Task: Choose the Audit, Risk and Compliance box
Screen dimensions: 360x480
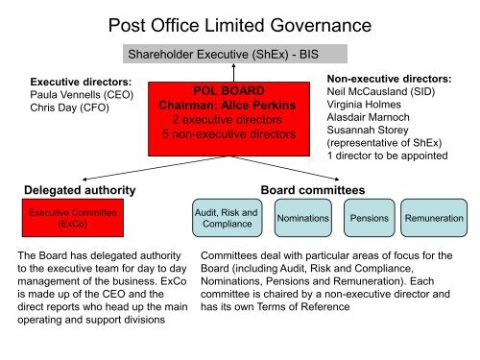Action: tap(226, 219)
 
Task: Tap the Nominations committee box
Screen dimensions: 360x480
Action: tap(302, 219)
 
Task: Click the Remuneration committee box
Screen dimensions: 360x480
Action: tap(434, 219)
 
